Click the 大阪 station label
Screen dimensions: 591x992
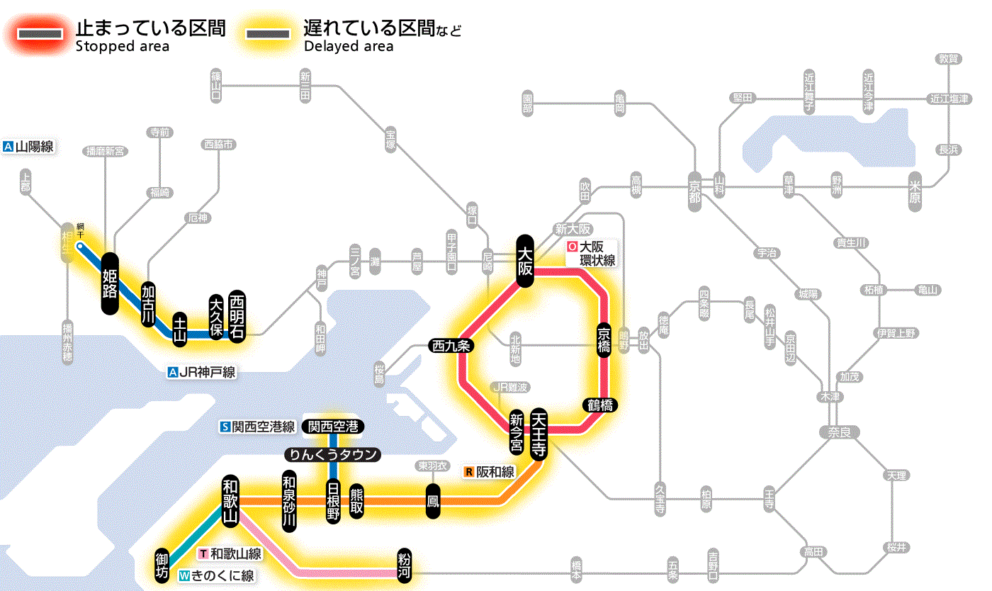525,261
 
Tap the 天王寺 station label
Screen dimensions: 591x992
539,434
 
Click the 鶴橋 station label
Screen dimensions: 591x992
600,405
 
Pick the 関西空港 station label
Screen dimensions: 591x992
333,427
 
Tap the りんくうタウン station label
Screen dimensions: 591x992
332,455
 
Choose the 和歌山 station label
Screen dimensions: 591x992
230,500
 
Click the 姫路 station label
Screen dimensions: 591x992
109,283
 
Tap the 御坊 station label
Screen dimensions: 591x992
162,565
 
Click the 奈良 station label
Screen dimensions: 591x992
838,432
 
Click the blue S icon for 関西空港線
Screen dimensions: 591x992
225,427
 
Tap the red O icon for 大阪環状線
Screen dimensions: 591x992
573,247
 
